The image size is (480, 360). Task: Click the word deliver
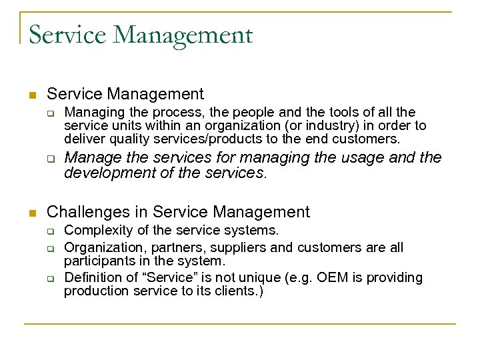(x=83, y=139)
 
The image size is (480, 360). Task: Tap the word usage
(x=367, y=158)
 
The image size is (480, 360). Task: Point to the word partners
(x=182, y=248)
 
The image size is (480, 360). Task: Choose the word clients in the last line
(x=238, y=291)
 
